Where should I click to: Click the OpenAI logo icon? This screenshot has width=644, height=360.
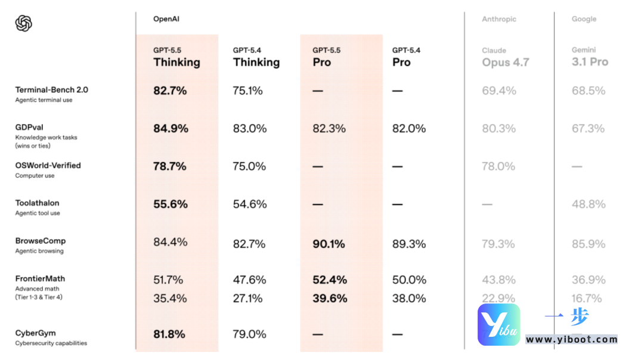(x=23, y=23)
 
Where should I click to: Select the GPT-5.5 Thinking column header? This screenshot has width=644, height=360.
(x=177, y=57)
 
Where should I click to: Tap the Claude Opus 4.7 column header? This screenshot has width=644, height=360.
(x=505, y=57)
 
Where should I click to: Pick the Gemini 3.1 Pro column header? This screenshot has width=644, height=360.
(x=590, y=57)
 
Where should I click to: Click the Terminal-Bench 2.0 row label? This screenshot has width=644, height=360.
(x=51, y=90)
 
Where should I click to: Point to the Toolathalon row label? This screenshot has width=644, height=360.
(x=38, y=203)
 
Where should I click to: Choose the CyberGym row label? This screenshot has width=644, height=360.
(x=36, y=333)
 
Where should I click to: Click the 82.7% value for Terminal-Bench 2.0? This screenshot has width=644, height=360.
(x=170, y=91)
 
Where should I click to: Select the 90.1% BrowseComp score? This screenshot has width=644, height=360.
(x=329, y=244)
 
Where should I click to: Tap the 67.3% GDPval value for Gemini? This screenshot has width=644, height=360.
(x=588, y=129)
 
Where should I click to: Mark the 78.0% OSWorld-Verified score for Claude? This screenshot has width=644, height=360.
(x=499, y=166)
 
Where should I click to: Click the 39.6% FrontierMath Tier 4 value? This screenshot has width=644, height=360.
(x=330, y=298)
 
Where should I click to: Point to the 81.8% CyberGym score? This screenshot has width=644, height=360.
(x=170, y=334)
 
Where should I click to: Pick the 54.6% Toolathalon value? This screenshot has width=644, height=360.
(x=249, y=204)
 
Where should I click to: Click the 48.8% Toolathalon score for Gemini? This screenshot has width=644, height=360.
(x=588, y=204)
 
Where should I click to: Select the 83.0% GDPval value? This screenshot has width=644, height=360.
(x=249, y=129)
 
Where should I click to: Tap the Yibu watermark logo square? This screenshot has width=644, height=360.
(x=499, y=325)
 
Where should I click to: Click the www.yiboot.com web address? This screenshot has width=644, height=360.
(x=571, y=340)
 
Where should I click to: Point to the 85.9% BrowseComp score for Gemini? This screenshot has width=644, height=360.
(x=588, y=244)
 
